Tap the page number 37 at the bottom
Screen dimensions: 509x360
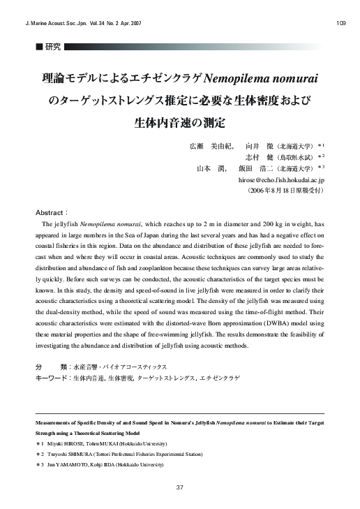(180, 487)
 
